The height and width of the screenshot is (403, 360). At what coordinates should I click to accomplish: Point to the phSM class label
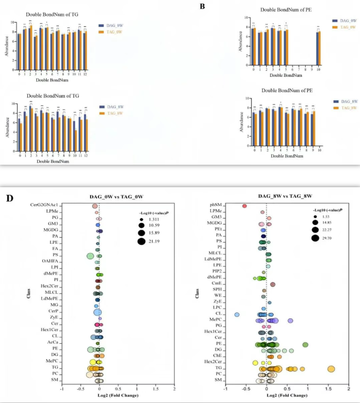point(215,205)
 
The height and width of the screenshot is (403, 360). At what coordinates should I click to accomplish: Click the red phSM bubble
point(244,206)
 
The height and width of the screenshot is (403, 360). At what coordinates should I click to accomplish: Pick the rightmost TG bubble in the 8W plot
point(331,369)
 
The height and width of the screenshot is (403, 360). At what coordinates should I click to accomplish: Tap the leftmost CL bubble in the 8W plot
point(237,315)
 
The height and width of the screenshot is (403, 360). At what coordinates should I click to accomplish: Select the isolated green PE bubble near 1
point(305,344)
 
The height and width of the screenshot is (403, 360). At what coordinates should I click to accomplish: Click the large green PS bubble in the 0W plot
point(91,256)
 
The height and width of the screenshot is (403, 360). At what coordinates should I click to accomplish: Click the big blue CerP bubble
point(97,312)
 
